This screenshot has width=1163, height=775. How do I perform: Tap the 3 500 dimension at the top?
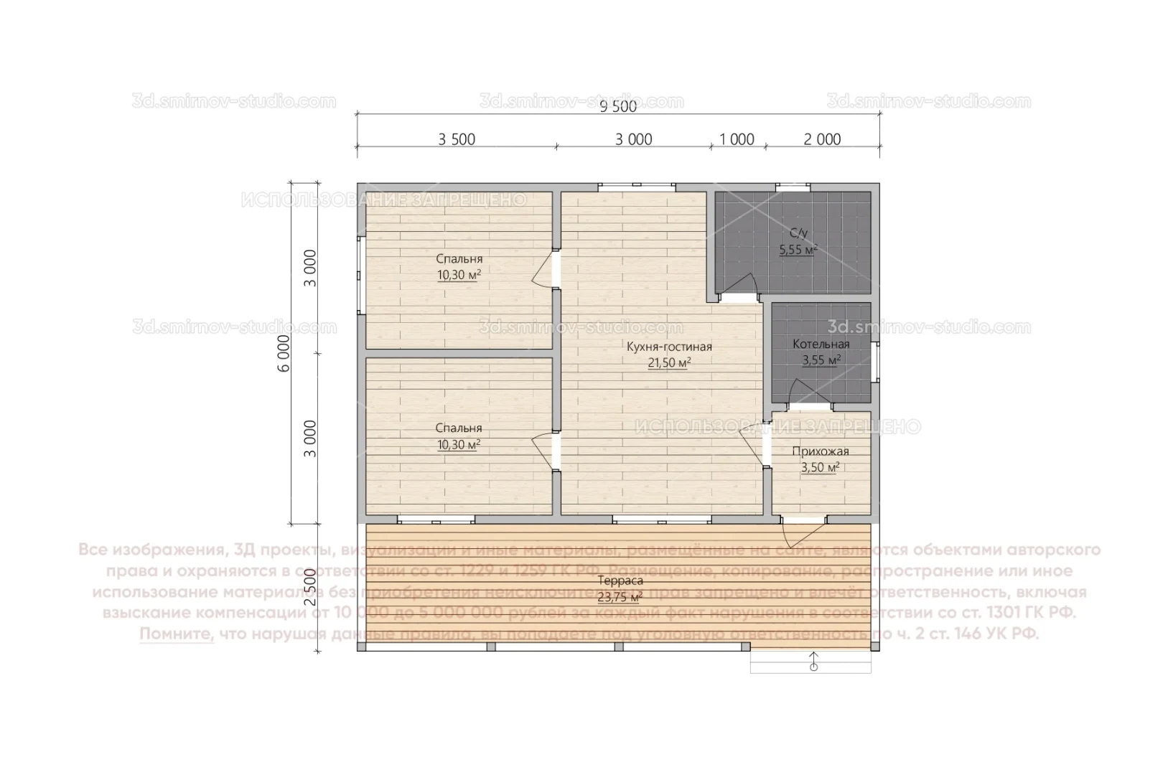click(457, 139)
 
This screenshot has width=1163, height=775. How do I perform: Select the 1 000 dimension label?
click(737, 139)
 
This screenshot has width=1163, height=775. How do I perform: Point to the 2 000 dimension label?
click(822, 139)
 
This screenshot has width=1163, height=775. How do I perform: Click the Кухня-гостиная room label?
click(669, 347)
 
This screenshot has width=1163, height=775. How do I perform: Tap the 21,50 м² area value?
click(669, 363)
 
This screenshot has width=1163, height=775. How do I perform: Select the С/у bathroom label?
click(798, 233)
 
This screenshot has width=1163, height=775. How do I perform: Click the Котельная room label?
click(821, 344)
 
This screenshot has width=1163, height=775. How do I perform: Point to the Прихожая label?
click(821, 451)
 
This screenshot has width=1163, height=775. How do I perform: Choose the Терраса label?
click(620, 581)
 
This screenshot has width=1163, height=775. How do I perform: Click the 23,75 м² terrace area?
click(620, 596)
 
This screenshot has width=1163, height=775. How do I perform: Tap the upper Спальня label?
click(459, 259)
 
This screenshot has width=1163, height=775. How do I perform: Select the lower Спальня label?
click(459, 428)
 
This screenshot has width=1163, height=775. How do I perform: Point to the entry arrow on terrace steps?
click(813, 660)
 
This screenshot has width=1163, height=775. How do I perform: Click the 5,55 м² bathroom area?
click(798, 250)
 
